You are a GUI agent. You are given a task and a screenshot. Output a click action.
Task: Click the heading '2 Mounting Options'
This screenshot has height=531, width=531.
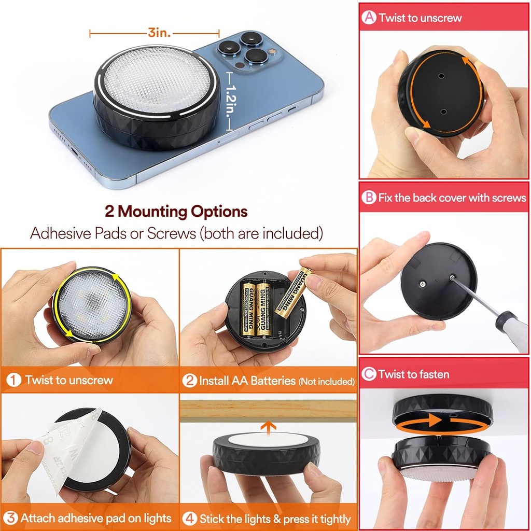point(176,212)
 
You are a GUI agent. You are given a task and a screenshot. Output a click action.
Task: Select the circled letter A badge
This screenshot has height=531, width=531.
point(369,18)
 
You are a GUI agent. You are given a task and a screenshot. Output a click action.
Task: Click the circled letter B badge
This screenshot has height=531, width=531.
point(369,198)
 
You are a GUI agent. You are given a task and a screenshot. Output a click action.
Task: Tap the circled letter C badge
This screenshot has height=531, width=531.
point(369,374)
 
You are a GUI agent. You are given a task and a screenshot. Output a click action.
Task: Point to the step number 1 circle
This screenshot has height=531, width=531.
point(13,380)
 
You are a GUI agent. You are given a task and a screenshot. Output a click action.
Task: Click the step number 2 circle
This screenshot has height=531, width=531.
point(190,381)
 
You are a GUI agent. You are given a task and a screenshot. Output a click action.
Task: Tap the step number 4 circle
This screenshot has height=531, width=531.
point(190,518)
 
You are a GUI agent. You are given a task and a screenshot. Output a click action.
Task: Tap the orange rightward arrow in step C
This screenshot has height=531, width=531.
point(433,421)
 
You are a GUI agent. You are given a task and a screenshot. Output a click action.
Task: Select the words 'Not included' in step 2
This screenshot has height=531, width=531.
point(326,382)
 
